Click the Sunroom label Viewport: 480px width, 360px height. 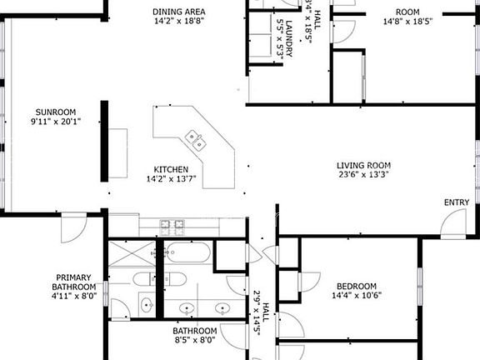(x=56, y=111)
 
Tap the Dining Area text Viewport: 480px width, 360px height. (x=179, y=12)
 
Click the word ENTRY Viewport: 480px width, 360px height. (x=456, y=202)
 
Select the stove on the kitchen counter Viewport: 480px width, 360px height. (x=172, y=223)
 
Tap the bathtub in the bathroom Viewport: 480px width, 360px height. (x=187, y=252)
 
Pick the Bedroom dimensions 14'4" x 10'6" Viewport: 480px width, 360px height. (x=357, y=295)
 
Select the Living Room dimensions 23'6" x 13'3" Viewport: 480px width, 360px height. (x=364, y=175)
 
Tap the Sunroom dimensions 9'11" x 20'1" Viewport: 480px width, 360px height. (x=56, y=122)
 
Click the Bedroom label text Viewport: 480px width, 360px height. (x=356, y=285)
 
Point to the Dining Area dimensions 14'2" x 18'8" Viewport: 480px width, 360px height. (x=179, y=22)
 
